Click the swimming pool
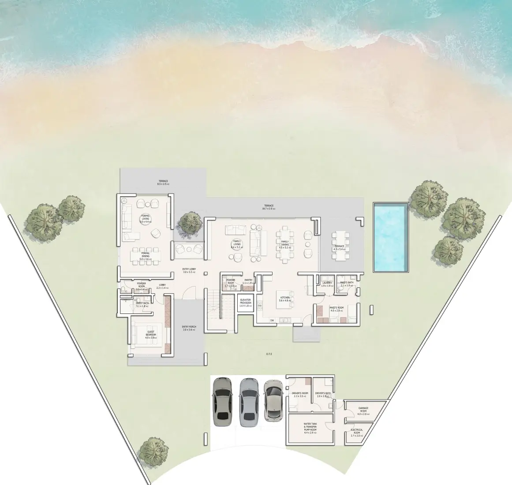[390, 238]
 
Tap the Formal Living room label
[145, 219]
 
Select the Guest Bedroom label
[151, 335]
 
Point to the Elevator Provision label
[246, 302]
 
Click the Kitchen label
[285, 298]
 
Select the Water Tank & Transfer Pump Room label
[310, 428]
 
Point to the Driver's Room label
[300, 394]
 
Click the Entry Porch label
[189, 328]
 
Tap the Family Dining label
[285, 244]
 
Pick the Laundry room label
[327, 284]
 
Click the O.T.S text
[269, 354]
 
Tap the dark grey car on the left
[222, 402]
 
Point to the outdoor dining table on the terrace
[340, 245]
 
